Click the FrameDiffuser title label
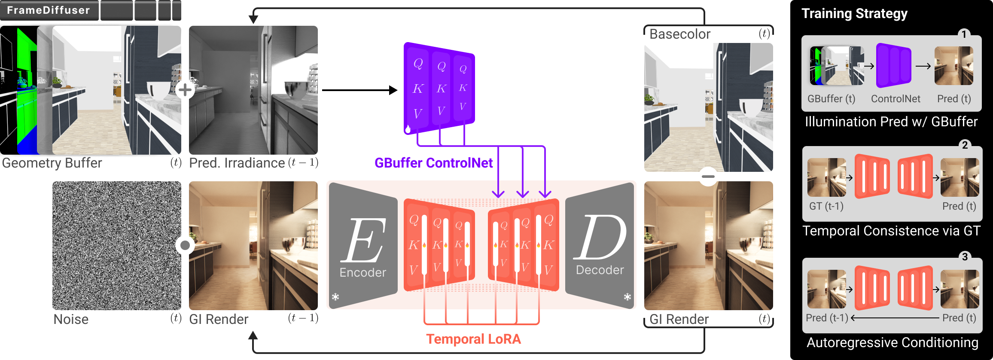tap(49, 10)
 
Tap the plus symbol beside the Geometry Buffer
tap(185, 90)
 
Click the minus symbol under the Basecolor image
tap(708, 177)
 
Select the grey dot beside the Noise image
tap(185, 245)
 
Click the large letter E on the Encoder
tap(363, 241)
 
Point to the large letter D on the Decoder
tap(600, 238)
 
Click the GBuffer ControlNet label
tap(433, 163)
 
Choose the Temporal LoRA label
tap(473, 339)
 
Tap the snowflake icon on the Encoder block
tap(335, 297)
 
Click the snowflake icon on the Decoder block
tap(627, 297)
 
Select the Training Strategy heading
tap(854, 13)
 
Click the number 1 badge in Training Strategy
tap(964, 34)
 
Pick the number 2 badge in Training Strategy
tap(965, 145)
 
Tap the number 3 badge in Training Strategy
tap(965, 256)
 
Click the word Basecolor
tap(680, 34)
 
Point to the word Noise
tap(71, 319)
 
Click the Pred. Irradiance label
tap(237, 163)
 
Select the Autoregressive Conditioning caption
tap(892, 342)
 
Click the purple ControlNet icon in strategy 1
tap(893, 65)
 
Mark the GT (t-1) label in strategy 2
tap(826, 206)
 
